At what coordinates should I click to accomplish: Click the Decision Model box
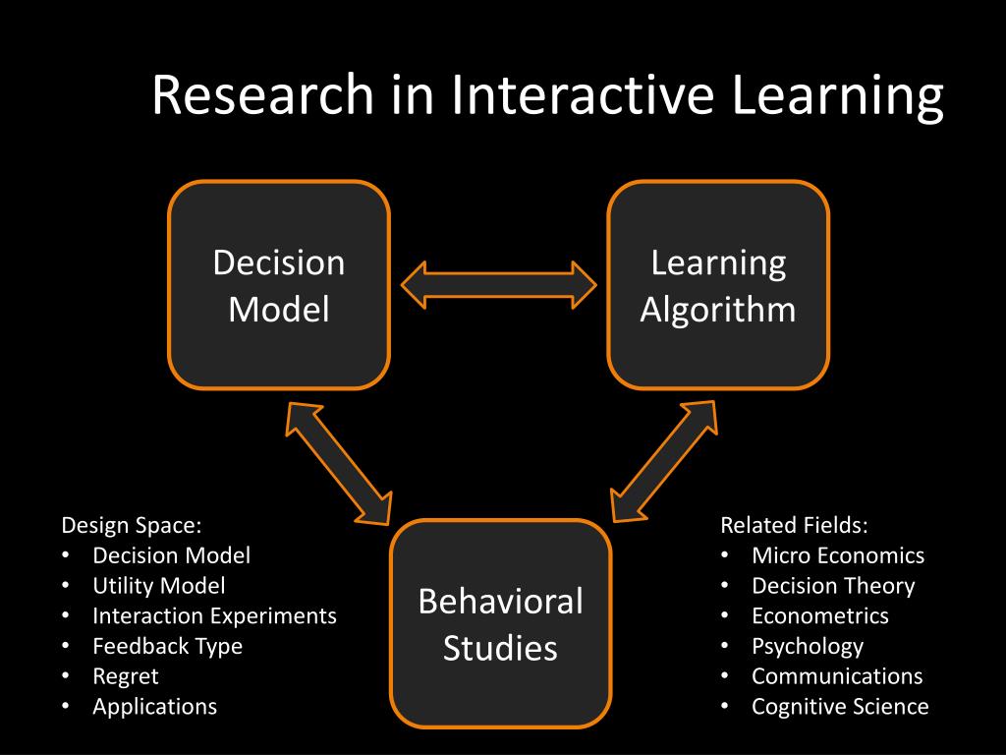(x=279, y=285)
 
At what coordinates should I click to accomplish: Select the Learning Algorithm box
(x=718, y=285)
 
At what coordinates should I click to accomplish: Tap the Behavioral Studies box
(x=500, y=623)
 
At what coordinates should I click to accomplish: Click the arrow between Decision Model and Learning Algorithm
(x=499, y=285)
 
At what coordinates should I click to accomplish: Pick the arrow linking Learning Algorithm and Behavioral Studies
(x=664, y=459)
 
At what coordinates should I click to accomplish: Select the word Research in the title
(x=263, y=97)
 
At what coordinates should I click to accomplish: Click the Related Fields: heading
(x=795, y=525)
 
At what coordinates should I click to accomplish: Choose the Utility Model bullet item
(x=159, y=586)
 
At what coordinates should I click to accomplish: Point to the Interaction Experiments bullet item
(x=214, y=616)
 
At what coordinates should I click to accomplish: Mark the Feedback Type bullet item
(x=167, y=646)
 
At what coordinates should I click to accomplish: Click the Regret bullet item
(x=126, y=676)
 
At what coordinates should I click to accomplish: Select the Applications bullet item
(x=155, y=706)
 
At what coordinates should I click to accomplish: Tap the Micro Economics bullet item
(x=838, y=555)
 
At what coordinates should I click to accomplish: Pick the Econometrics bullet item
(x=820, y=616)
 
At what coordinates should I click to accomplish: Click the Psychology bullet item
(x=808, y=646)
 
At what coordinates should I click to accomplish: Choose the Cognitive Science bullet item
(x=840, y=706)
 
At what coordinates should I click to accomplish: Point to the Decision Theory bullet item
(x=833, y=586)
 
